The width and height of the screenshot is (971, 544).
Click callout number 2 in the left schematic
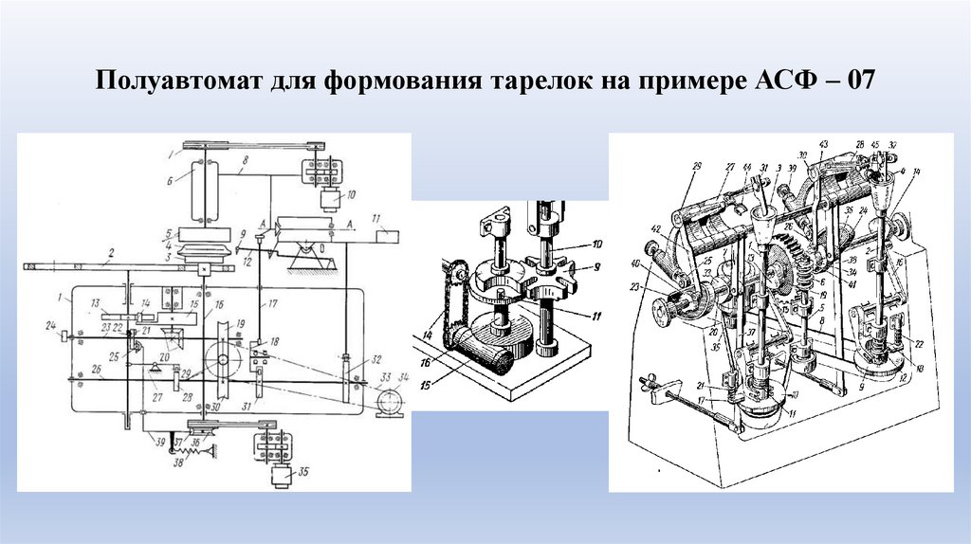coord(112,254)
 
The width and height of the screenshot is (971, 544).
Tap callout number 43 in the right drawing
coord(823,143)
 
